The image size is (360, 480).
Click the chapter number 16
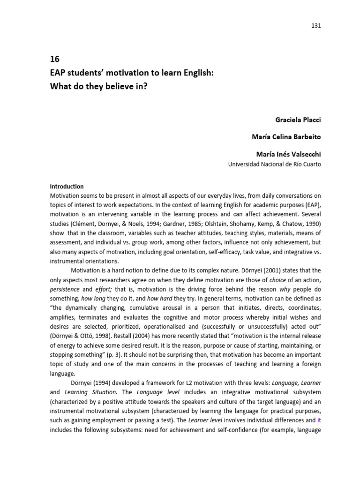coord(54,60)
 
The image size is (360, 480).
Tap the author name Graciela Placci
coord(299,120)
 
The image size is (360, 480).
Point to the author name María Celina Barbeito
coord(287,137)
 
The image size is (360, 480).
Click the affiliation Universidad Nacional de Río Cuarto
coord(274,165)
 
